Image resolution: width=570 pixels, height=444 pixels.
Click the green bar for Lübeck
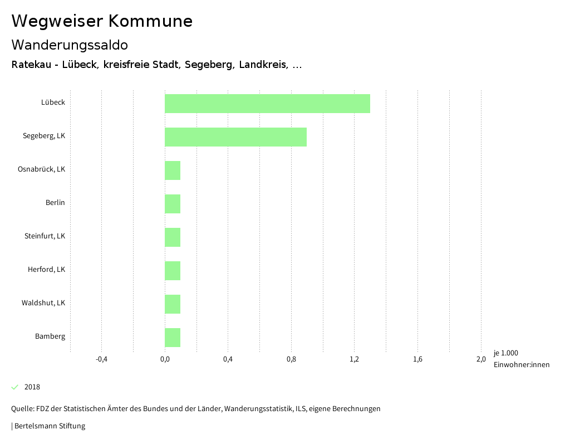(x=267, y=104)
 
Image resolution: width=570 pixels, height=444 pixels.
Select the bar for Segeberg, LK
(x=235, y=137)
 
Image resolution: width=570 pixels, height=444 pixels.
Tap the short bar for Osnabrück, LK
(x=173, y=170)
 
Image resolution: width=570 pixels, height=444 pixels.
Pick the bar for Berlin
(x=173, y=204)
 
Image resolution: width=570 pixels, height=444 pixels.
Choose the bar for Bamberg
(x=173, y=338)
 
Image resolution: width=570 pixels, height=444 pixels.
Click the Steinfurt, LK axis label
(x=45, y=236)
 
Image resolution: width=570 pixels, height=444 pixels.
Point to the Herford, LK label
(x=46, y=270)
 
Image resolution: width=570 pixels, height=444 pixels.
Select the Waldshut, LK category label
(x=43, y=303)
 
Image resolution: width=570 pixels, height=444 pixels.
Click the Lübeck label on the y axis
(x=53, y=103)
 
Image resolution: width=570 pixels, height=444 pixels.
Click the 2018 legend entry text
(x=32, y=387)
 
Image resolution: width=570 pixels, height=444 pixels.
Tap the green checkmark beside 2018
(x=15, y=387)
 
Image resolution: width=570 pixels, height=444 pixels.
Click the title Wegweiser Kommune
(x=102, y=21)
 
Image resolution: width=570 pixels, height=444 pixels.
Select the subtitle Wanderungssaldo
(x=70, y=45)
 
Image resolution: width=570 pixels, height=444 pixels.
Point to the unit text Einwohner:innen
(x=521, y=365)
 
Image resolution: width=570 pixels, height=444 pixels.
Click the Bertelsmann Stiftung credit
(x=49, y=426)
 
